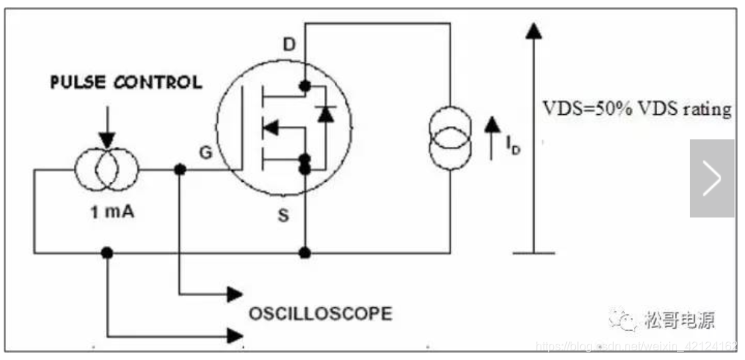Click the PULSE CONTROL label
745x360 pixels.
pos(125,82)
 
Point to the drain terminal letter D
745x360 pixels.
pos(289,45)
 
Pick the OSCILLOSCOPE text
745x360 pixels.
pos(320,313)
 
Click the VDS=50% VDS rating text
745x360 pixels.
pos(636,110)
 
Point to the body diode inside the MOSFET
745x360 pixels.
pos(324,114)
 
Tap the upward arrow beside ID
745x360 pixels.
pos(491,134)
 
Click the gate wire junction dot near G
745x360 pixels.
pos(179,170)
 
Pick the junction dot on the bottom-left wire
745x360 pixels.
pos(107,253)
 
